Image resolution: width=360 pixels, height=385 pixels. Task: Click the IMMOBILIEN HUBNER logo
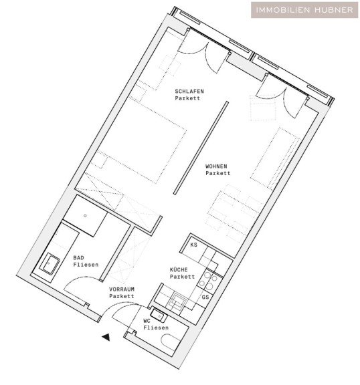(304, 10)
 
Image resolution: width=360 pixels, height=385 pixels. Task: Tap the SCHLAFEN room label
(189, 92)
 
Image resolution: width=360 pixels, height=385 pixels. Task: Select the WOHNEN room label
(216, 166)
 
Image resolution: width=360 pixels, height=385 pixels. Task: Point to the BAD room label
(79, 258)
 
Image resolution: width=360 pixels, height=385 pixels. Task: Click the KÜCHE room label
(179, 269)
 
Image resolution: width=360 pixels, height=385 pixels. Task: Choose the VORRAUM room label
(122, 289)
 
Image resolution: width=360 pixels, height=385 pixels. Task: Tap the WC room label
(147, 321)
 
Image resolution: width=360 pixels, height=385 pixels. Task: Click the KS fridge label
(193, 245)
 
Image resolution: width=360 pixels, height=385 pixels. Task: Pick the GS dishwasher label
(205, 297)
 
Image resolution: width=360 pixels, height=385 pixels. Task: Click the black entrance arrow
(106, 337)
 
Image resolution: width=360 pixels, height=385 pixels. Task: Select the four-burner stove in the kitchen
(208, 281)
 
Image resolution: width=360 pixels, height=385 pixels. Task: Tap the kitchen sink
(177, 301)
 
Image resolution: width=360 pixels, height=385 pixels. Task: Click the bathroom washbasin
(50, 264)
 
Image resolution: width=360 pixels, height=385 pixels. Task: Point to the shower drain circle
(85, 216)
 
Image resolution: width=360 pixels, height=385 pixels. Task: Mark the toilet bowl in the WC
(171, 342)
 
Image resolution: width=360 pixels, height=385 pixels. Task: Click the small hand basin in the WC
(159, 315)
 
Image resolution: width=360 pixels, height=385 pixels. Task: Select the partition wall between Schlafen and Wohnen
(201, 148)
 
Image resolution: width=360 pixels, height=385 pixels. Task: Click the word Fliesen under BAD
(86, 265)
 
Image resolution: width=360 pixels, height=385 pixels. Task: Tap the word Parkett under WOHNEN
(218, 173)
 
